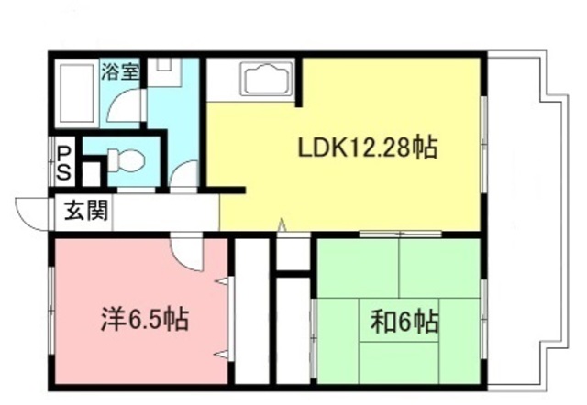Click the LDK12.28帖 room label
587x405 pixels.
coord(366,148)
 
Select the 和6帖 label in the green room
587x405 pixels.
coord(404,323)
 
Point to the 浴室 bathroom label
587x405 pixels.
coord(120,71)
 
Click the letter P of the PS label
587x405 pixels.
coord(64,152)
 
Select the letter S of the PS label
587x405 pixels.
coord(64,171)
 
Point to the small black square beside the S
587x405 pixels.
coord(90,172)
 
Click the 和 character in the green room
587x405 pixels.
coord(382,323)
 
